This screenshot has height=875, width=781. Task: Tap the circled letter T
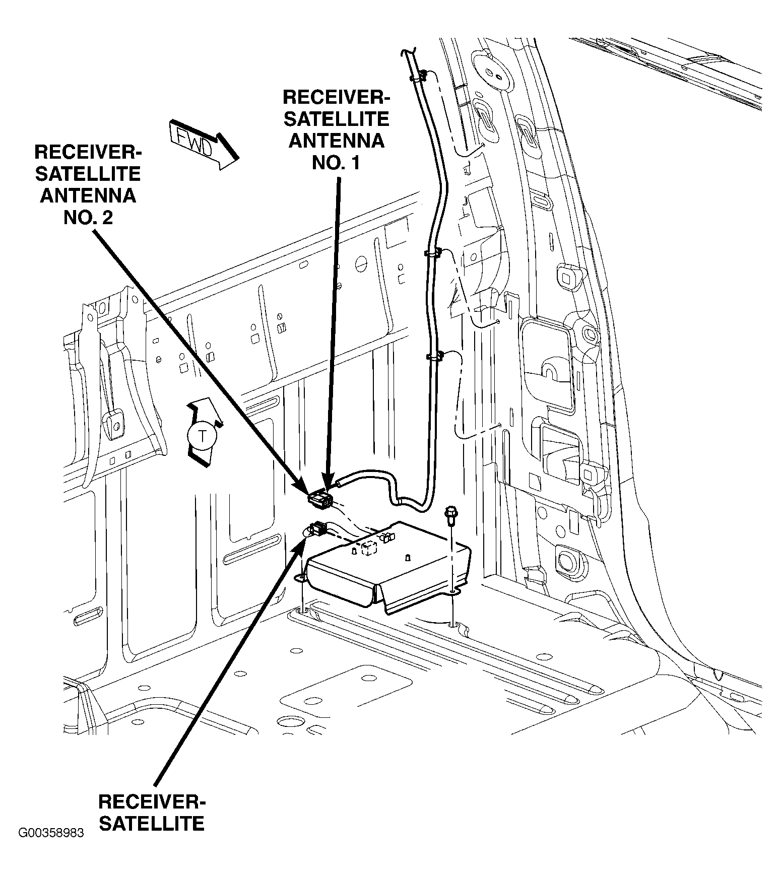click(202, 436)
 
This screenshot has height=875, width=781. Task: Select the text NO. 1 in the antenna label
click(336, 162)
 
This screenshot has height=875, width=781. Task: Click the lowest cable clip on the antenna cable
click(434, 357)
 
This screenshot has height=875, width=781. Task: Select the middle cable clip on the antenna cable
click(432, 251)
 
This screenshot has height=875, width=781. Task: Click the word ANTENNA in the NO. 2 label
click(88, 195)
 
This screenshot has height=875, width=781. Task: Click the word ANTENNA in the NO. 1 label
click(336, 140)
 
